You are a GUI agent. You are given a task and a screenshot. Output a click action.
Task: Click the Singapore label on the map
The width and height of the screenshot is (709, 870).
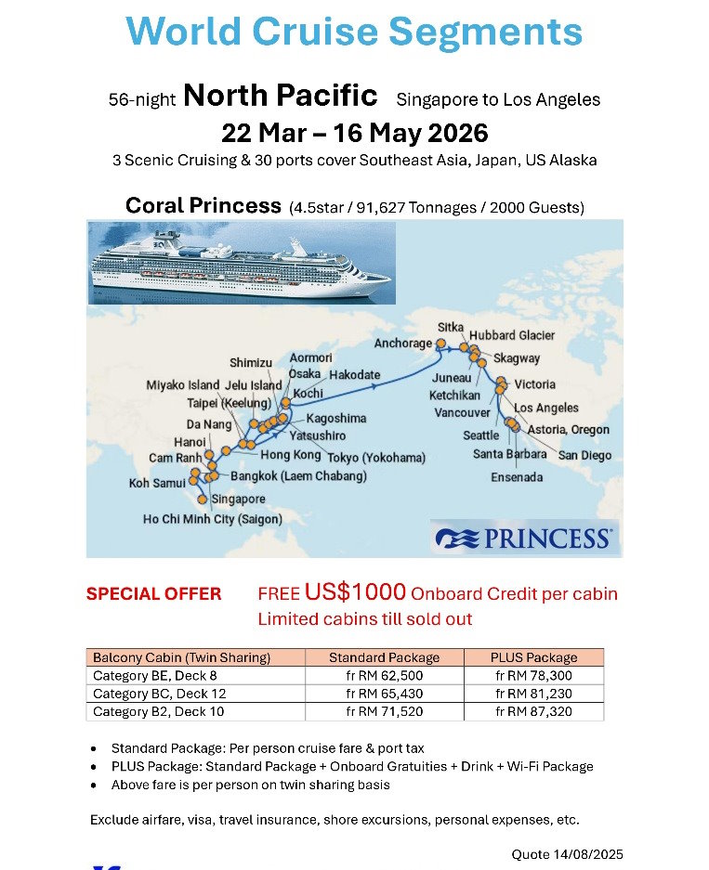pos(238,500)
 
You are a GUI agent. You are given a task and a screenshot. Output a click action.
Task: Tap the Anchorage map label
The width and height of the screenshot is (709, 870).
pos(402,344)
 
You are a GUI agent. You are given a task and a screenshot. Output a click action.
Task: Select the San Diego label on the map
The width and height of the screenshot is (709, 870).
pos(584,456)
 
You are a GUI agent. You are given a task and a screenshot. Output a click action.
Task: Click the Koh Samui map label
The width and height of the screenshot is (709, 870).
pos(157,484)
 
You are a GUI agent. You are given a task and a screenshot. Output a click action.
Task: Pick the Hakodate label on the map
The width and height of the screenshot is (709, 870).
pos(354,375)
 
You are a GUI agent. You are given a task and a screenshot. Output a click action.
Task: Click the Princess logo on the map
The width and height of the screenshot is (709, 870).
pos(524,539)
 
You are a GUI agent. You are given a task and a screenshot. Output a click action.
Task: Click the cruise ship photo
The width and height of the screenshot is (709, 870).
pos(240,264)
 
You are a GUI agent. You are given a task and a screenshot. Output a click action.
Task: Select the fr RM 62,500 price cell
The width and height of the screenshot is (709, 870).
pos(384,676)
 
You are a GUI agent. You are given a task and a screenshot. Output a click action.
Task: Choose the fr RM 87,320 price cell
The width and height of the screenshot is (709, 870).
pos(533,712)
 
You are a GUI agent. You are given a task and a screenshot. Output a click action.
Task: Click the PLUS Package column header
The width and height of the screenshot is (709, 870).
pos(533,657)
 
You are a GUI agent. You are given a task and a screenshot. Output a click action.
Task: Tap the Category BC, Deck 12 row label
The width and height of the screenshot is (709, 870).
pos(160,694)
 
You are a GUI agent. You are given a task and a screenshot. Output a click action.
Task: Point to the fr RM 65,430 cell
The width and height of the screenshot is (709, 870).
pos(384,694)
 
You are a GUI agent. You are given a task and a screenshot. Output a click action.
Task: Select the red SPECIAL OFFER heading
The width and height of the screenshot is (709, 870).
pos(153,594)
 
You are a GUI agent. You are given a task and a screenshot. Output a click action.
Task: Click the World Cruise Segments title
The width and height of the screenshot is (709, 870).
pos(354,32)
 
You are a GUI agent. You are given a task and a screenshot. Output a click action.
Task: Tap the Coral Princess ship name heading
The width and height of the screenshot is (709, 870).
pos(203,205)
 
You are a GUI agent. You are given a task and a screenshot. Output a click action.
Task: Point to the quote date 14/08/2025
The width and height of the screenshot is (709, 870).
pos(567,854)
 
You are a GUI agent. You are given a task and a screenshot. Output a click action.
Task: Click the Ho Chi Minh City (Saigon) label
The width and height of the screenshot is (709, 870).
pos(212,520)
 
